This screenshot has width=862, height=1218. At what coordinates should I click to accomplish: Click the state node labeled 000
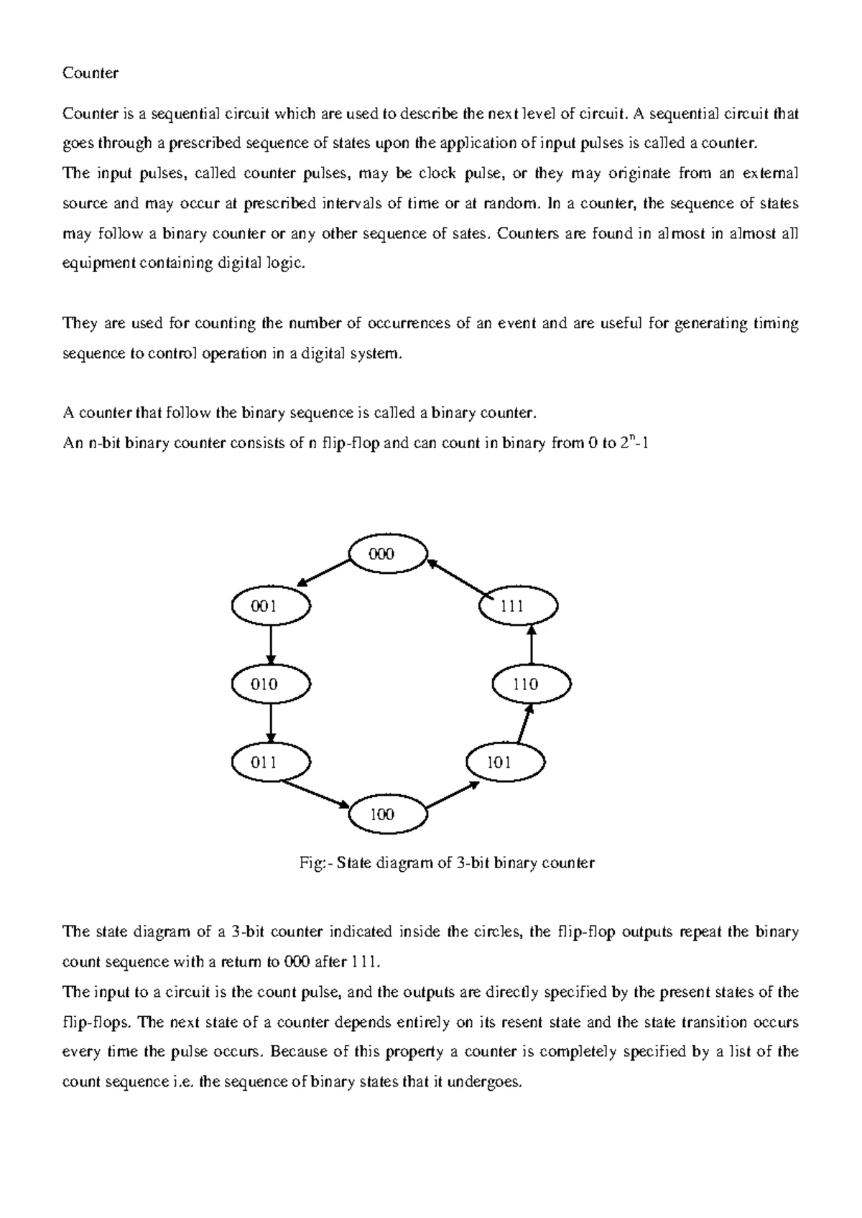(x=387, y=554)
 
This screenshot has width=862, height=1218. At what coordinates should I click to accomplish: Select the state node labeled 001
(x=271, y=606)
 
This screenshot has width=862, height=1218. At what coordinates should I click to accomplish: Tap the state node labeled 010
(x=271, y=684)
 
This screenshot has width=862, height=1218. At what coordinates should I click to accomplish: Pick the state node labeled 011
(x=271, y=762)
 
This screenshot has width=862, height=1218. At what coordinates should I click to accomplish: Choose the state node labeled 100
(x=387, y=814)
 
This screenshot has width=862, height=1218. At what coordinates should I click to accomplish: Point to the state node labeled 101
(x=505, y=762)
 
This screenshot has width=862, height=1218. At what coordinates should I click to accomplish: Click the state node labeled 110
(x=532, y=684)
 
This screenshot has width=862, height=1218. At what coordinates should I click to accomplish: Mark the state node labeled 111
(x=519, y=606)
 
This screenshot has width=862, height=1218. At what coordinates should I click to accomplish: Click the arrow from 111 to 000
(x=460, y=579)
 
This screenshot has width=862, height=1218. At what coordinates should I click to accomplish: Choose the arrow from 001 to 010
(x=271, y=645)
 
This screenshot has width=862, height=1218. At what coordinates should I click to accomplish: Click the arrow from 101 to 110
(x=524, y=723)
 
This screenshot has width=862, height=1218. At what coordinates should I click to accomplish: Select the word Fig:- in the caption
(x=315, y=863)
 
